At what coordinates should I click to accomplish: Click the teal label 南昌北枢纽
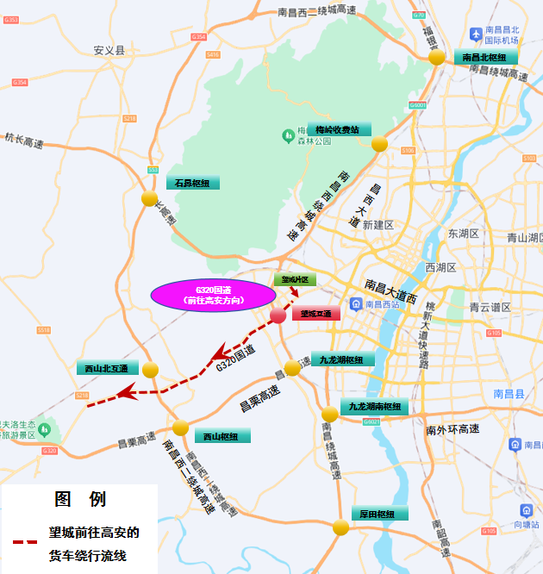[x=490, y=58]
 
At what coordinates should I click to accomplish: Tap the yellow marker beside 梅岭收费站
[x=379, y=144]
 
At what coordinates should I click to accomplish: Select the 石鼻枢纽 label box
[x=193, y=183]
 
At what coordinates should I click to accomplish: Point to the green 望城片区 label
[x=296, y=280]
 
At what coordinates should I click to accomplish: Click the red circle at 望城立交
[x=278, y=315]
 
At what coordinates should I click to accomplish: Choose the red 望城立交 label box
[x=316, y=315]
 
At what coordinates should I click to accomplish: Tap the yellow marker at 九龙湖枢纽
[x=292, y=368]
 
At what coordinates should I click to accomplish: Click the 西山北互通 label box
[x=107, y=368]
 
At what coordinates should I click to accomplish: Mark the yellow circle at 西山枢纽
[x=180, y=427]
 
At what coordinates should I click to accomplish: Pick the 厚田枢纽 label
[x=377, y=514]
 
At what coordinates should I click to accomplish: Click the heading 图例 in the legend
[x=80, y=499]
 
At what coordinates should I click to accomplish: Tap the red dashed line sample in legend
[x=25, y=543]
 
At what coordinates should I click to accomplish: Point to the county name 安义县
[x=109, y=51]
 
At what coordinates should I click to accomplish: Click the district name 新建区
[x=378, y=224]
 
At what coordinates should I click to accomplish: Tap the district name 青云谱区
[x=490, y=306]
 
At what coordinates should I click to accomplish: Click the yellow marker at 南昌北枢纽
[x=437, y=57]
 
